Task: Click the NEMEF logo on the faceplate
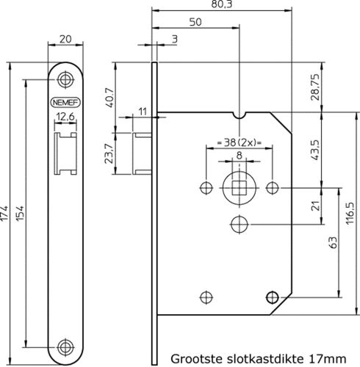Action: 65,103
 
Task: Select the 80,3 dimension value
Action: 222,4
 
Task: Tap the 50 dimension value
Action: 195,22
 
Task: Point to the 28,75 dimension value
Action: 316,87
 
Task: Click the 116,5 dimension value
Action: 350,213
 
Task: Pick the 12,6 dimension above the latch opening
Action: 65,117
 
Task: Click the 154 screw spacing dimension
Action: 21,214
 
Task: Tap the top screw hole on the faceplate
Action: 65,79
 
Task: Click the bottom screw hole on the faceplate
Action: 65,346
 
